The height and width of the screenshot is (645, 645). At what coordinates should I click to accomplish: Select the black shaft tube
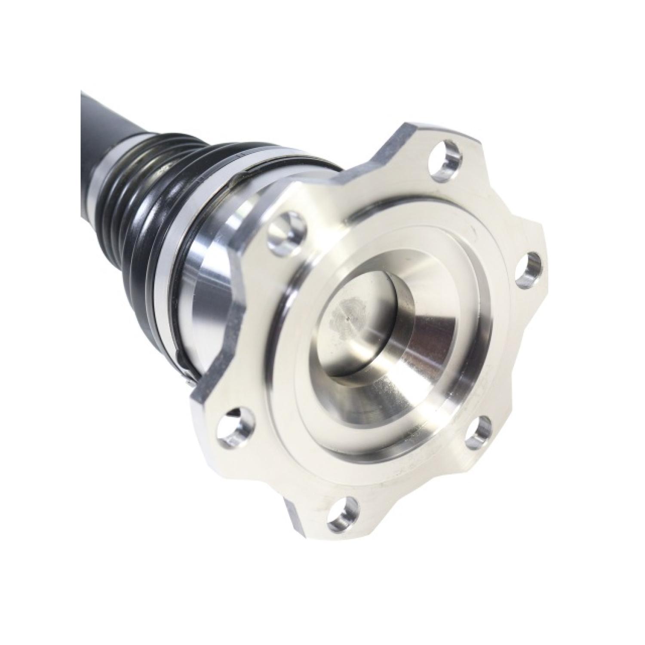103,129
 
